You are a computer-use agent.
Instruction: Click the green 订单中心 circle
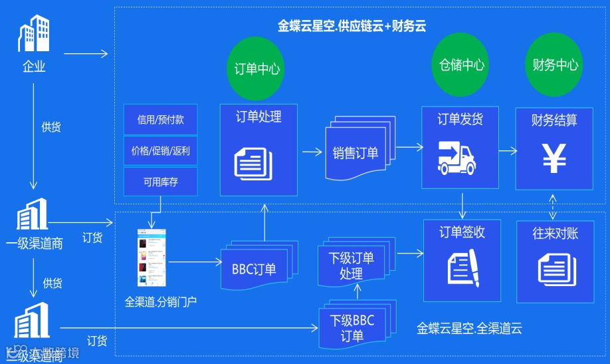257,68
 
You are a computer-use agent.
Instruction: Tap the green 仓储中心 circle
461,65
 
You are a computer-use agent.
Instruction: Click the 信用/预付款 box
160,120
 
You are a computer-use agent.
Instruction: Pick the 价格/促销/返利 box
160,150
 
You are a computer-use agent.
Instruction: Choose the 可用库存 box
160,181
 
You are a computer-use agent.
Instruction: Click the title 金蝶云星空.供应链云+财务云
352,27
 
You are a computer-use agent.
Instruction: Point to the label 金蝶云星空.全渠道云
469,328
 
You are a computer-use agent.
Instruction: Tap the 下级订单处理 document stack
353,263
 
